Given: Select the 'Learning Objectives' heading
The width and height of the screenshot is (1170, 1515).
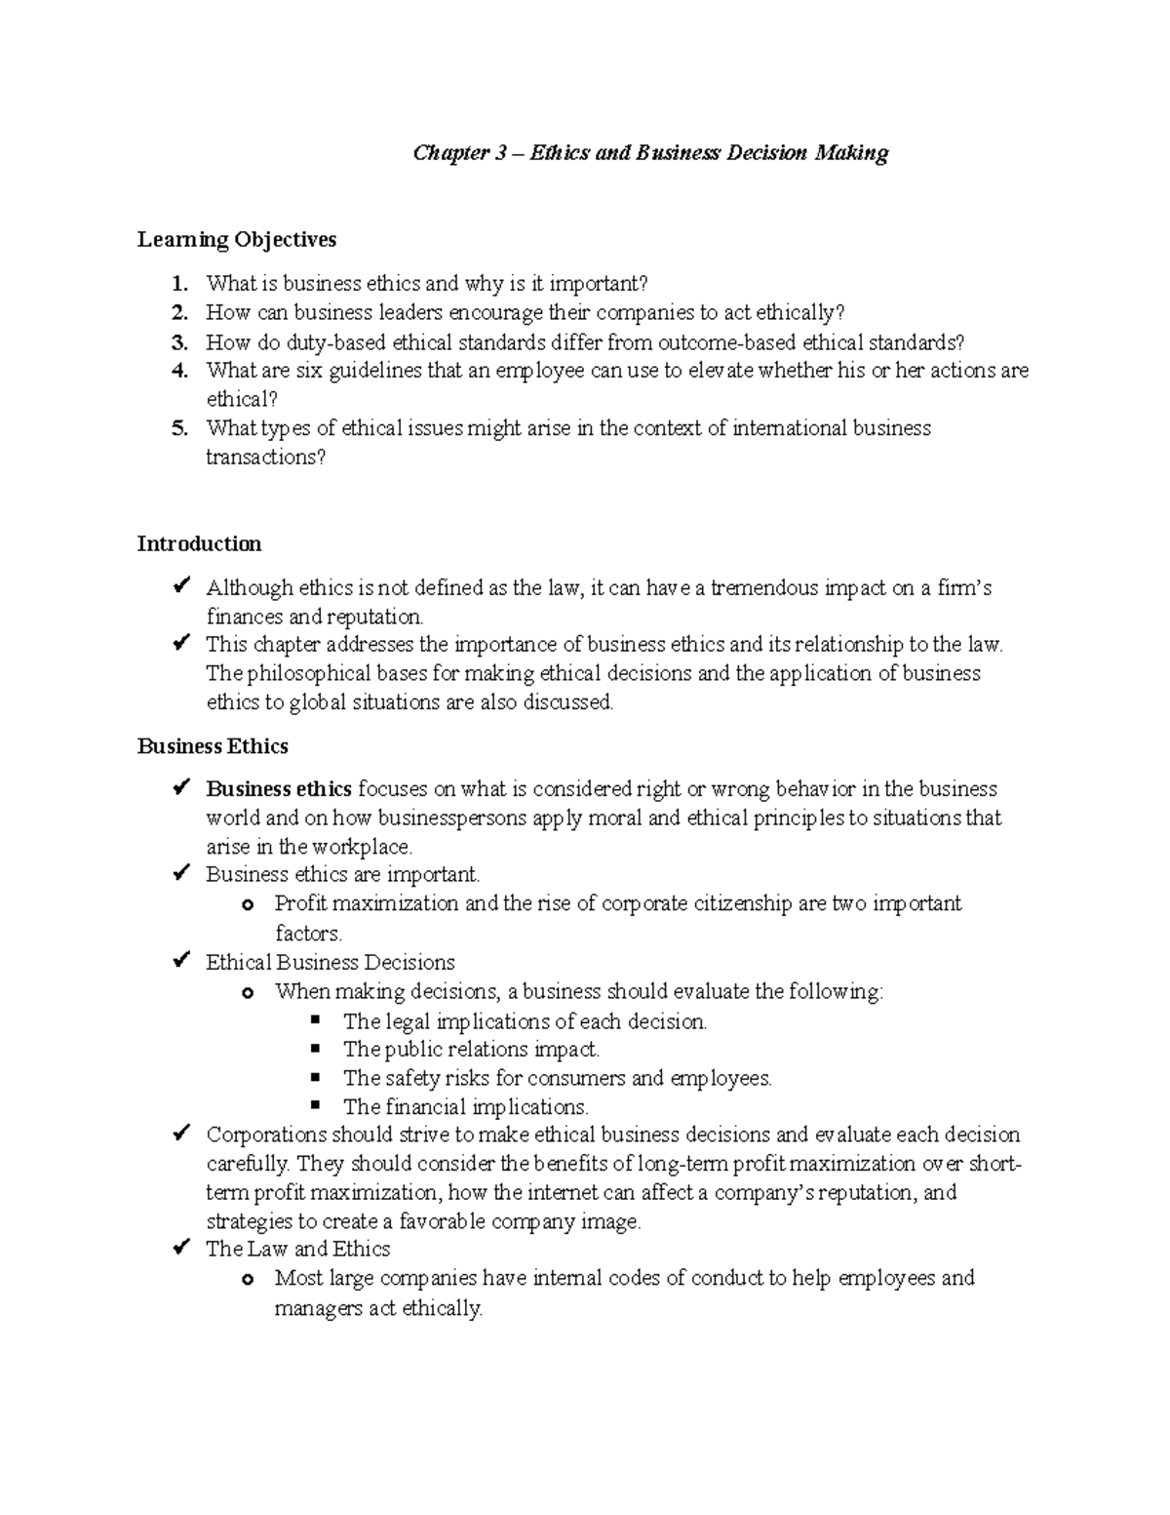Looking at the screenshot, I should (x=236, y=240).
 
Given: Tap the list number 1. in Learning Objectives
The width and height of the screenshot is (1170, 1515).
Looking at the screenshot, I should (x=178, y=284).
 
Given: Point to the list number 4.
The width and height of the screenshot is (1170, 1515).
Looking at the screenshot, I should (x=178, y=371).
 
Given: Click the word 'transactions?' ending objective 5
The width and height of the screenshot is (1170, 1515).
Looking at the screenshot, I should (x=265, y=458).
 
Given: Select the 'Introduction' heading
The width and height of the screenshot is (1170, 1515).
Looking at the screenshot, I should (x=199, y=544).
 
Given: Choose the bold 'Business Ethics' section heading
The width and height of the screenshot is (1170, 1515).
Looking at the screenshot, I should (x=213, y=746).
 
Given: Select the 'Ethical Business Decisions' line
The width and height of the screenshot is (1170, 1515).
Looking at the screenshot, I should (x=330, y=963).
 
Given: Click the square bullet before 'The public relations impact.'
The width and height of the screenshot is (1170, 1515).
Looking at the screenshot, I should (x=315, y=1049).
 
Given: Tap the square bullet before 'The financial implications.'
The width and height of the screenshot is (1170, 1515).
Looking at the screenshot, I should (x=315, y=1105).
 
